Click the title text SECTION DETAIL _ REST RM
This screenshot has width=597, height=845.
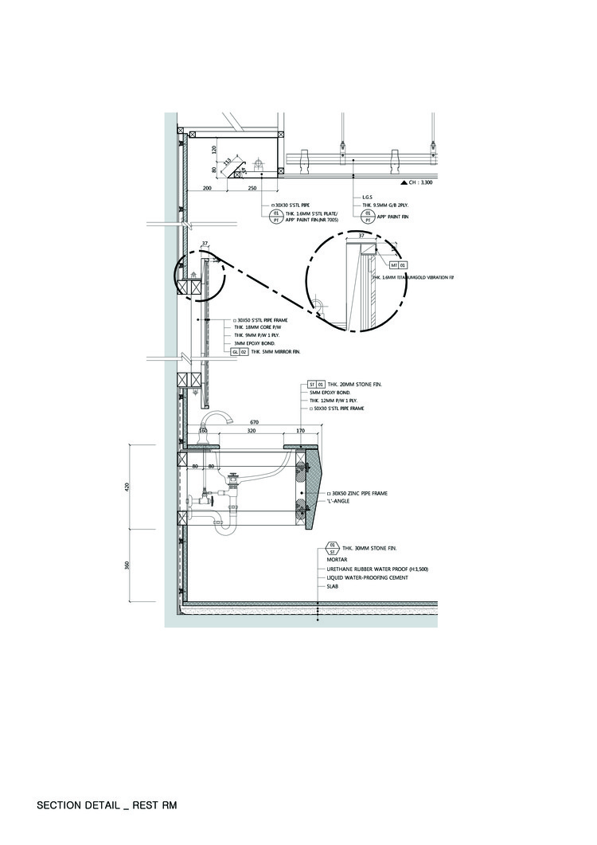pos(106,805)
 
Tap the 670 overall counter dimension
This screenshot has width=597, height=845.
pos(254,421)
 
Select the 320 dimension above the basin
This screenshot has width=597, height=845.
pos(252,431)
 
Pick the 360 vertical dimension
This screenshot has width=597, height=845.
pos(127,565)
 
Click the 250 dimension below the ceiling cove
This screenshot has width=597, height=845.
pos(252,188)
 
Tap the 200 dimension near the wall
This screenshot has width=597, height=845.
pos(207,188)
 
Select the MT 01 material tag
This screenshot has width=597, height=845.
pos(398,264)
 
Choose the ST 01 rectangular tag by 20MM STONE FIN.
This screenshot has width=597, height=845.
pos(317,385)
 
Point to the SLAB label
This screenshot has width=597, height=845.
pos(332,586)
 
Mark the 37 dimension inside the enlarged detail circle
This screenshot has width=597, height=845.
pos(361,236)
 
